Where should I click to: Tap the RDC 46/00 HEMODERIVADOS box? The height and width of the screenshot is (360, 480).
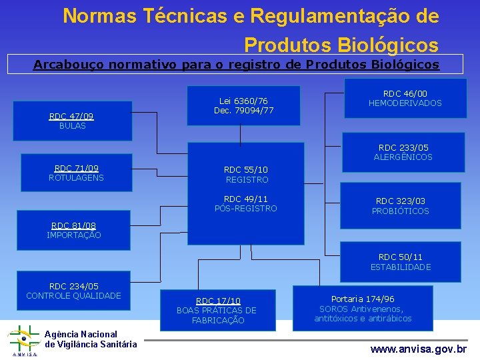pyautogui.click(x=405, y=98)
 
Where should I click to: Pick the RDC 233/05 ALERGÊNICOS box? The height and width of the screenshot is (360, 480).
pyautogui.click(x=403, y=152)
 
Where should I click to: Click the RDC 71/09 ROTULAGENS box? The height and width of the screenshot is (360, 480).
pyautogui.click(x=76, y=173)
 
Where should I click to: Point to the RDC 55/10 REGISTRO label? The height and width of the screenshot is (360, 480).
pyautogui.click(x=246, y=175)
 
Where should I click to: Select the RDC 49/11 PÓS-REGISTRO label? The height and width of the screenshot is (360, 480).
pyautogui.click(x=246, y=203)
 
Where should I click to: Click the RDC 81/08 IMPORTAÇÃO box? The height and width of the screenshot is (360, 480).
pyautogui.click(x=73, y=230)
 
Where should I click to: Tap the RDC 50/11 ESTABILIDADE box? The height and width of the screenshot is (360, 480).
pyautogui.click(x=400, y=261)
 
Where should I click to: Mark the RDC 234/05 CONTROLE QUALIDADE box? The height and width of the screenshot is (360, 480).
pyautogui.click(x=73, y=291)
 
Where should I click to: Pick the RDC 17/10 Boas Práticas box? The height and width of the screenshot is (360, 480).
pyautogui.click(x=217, y=310)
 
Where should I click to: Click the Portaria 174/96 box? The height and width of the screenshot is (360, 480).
pyautogui.click(x=363, y=309)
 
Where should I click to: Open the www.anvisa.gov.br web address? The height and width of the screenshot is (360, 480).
pyautogui.click(x=419, y=349)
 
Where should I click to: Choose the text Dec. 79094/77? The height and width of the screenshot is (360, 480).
pyautogui.click(x=243, y=110)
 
